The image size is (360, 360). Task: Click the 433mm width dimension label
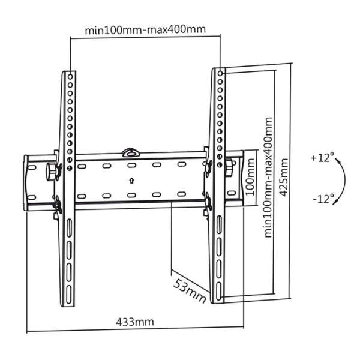pos(135,322)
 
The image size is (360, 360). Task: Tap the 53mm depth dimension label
pos(190,291)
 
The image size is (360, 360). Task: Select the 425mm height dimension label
pos(284,177)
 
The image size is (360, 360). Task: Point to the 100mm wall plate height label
pos(250,177)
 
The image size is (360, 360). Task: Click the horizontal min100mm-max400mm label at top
pos(145,29)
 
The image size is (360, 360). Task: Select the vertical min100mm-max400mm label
pos(268,177)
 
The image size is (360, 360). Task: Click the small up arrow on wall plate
pos(131,181)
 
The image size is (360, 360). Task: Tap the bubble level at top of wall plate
pos(131,152)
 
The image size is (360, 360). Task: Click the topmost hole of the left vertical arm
pos(70,77)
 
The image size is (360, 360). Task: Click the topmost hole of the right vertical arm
pos(220,73)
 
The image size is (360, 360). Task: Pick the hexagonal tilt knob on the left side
pos(51,172)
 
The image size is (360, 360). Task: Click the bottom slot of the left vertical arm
pos(68,294)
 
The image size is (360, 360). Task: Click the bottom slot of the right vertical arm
pos(219,290)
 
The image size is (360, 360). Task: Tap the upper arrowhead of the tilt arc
pos(337,160)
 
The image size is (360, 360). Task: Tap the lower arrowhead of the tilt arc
pos(336,202)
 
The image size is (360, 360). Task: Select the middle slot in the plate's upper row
pos(132,165)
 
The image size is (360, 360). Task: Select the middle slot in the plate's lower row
pos(131,195)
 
